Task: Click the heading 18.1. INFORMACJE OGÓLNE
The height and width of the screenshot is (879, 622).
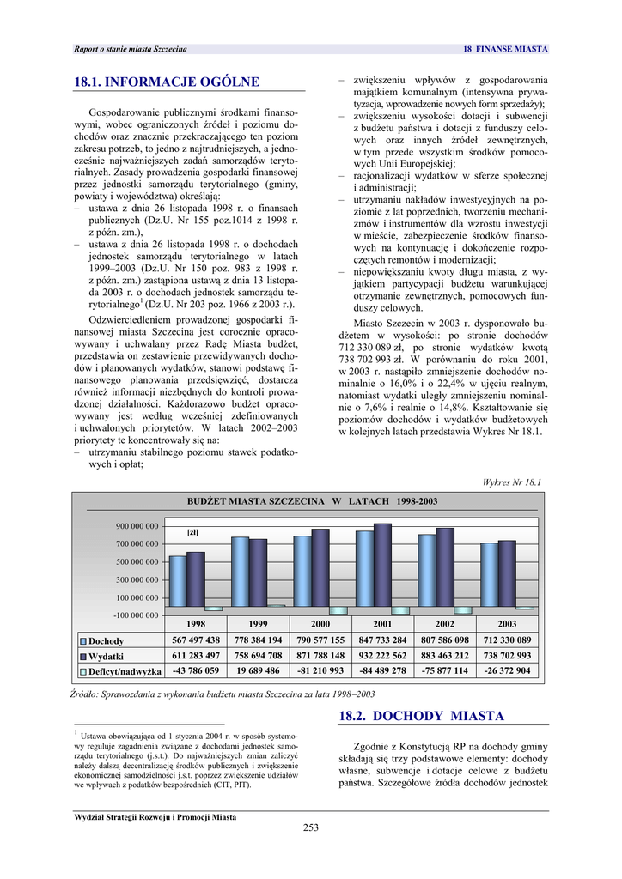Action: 168,82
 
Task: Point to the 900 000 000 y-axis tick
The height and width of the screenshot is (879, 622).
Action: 137,526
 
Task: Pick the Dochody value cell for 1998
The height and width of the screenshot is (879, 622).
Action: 196,640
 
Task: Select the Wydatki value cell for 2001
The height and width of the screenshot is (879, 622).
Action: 382,656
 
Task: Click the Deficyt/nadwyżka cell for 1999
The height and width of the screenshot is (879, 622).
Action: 258,671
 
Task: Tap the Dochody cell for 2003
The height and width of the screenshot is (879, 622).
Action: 507,640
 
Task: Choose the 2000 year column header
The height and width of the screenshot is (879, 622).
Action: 320,624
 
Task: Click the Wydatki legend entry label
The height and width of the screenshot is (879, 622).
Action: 107,657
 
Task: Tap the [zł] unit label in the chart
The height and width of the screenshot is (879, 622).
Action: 193,532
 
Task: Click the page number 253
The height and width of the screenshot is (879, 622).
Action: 311,827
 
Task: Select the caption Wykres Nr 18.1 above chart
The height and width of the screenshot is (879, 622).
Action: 514,482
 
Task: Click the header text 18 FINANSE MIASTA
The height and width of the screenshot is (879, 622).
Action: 505,49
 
